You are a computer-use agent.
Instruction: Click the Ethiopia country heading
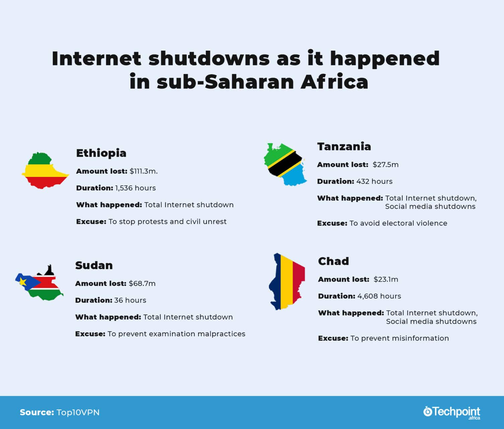101,153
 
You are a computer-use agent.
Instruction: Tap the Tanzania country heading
344,147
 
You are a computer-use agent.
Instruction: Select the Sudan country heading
94,265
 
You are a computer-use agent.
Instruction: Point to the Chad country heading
333,261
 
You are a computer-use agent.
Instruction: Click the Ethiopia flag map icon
45,170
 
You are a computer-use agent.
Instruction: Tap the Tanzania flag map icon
285,164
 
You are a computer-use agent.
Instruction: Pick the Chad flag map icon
287,281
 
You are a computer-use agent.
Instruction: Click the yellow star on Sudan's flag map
23,281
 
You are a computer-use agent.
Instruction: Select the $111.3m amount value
143,171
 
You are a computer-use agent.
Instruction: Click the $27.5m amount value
385,165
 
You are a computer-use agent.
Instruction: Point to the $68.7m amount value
142,284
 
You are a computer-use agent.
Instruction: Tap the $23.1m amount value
386,280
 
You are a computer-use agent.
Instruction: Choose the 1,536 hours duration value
135,188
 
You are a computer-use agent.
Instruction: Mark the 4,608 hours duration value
379,296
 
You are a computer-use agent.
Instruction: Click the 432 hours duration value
374,182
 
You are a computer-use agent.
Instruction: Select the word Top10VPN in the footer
78,412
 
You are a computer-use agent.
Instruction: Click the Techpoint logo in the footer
451,413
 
